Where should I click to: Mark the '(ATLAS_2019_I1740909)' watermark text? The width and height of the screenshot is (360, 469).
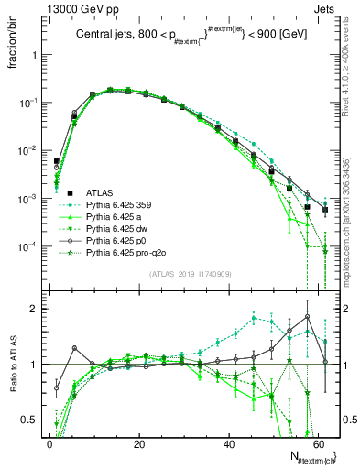coord(191,272)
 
